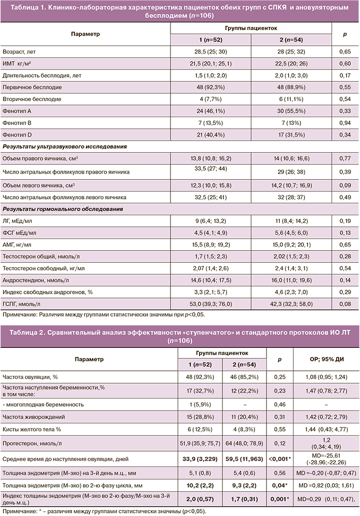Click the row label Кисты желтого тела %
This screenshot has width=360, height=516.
(x=31, y=430)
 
